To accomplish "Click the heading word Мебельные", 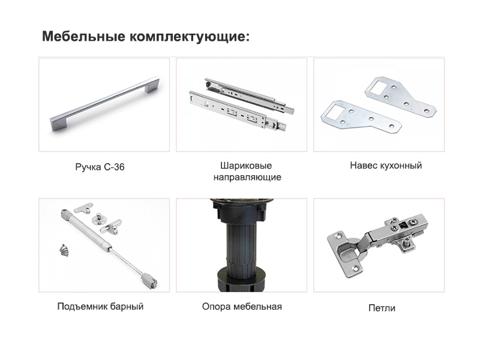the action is (83, 36).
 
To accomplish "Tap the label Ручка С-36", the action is (100, 167).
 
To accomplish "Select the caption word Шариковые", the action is (246, 166).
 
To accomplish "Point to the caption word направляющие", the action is (247, 177).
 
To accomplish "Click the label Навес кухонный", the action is (386, 166).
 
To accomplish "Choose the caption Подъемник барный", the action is (100, 307).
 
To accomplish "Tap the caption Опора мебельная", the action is (242, 307).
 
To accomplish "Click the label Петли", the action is (382, 308).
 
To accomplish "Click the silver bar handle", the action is (104, 104).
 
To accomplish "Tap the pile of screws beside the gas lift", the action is (64, 250).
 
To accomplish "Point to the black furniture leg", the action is (241, 245).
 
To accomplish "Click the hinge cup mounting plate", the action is (344, 254).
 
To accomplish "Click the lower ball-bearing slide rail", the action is (238, 111).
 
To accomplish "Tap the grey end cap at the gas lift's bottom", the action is (150, 280).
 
